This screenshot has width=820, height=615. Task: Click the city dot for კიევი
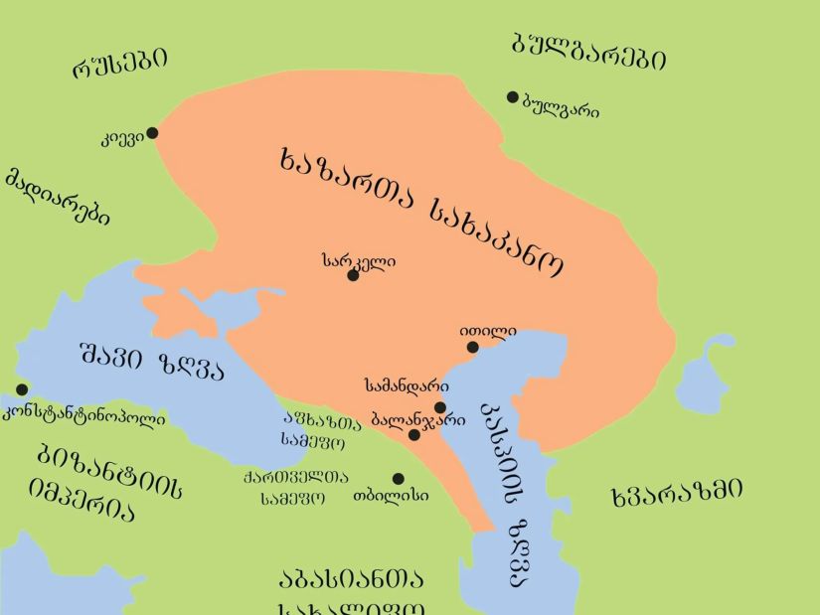point(152,133)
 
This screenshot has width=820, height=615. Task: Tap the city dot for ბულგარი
point(513,97)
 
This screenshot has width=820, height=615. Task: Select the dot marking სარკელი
point(353,275)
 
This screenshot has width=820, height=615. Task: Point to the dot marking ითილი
point(473,347)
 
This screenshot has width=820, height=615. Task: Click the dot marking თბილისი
point(398,479)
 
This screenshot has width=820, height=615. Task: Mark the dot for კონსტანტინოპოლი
point(22,390)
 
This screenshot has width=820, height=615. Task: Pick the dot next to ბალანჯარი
point(414,434)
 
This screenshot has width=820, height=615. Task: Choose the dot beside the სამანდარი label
point(440,407)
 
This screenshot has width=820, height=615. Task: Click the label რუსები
point(119,63)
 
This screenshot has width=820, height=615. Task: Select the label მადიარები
point(57,196)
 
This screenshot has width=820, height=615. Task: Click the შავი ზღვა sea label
point(151,364)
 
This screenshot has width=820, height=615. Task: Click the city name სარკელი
point(359,260)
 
